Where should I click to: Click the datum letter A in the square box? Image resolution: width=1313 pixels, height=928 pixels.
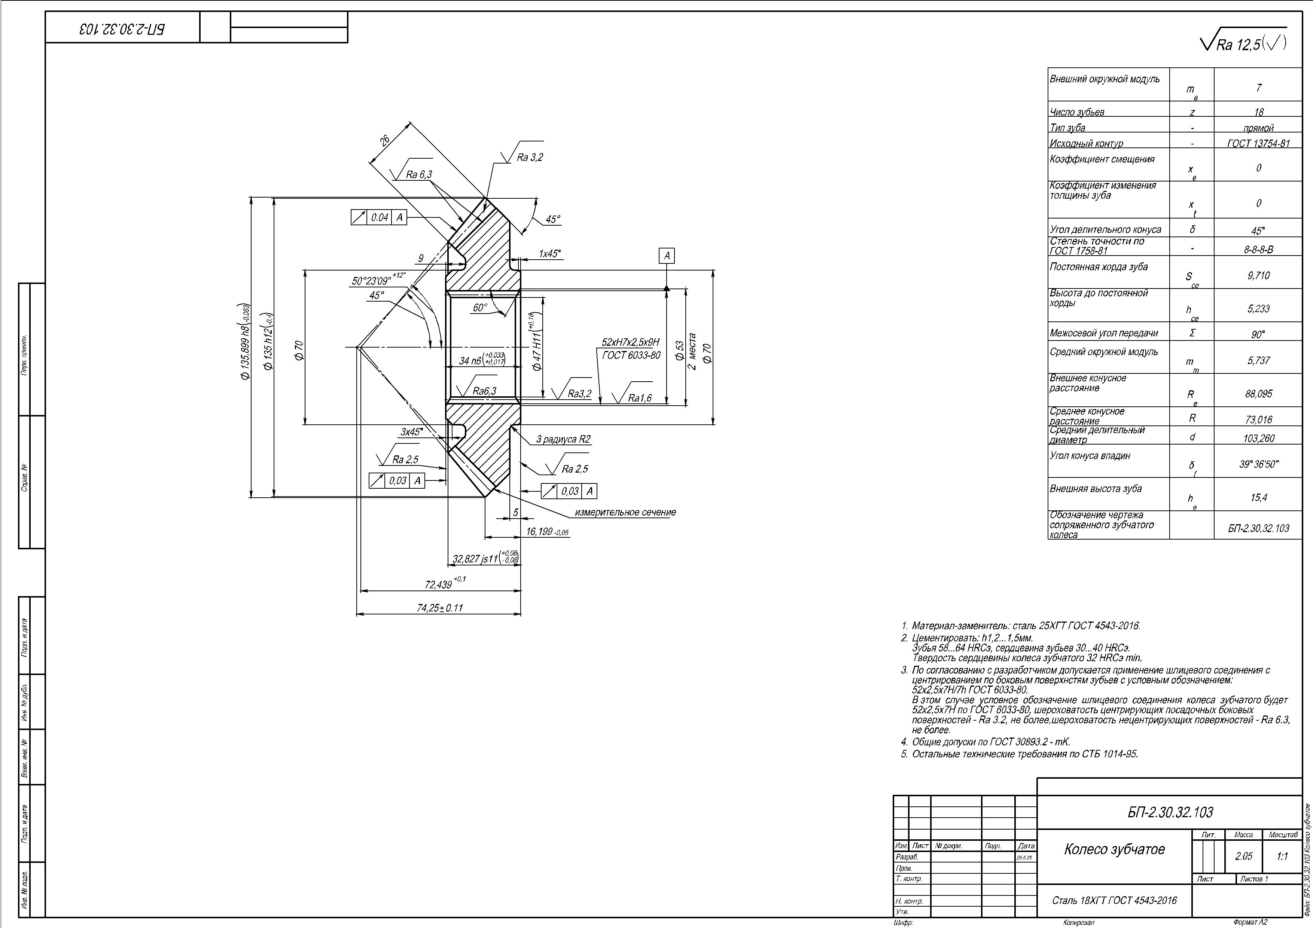tap(667, 256)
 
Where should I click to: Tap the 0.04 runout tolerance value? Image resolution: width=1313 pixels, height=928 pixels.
tap(379, 217)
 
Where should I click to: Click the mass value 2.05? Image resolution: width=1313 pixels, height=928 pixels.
tap(1243, 856)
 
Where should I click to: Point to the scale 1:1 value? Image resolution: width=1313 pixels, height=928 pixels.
tap(1282, 856)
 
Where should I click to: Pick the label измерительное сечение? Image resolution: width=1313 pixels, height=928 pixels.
tap(625, 512)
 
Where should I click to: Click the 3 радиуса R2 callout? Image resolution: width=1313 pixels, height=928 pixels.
tap(563, 440)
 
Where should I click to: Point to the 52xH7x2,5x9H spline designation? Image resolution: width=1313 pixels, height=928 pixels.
tap(630, 342)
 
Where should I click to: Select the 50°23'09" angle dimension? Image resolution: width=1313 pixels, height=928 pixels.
tap(372, 281)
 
